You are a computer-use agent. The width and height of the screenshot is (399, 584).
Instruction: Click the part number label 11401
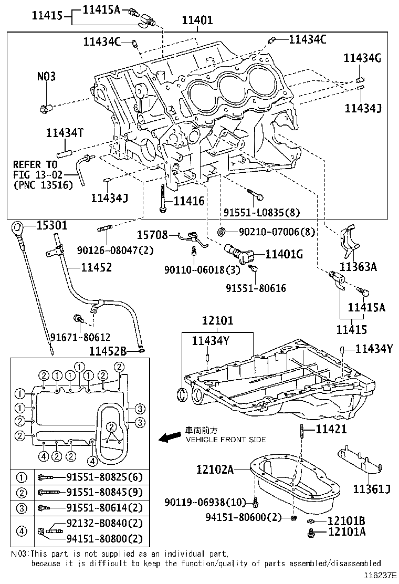pos(197,20)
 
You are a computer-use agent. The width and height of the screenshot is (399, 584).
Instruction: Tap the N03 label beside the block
pos(46,77)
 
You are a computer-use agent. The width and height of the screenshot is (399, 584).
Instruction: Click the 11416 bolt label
pos(189,201)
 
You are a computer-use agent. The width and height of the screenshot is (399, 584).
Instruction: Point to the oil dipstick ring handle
pos(17,228)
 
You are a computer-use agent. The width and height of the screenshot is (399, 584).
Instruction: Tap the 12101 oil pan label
pos(217,321)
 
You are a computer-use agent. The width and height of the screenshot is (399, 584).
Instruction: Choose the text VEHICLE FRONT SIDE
pos(226,440)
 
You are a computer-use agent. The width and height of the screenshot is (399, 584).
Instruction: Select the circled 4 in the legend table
pos(21,530)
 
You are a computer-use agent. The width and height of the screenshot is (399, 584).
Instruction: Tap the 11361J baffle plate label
pos(372,490)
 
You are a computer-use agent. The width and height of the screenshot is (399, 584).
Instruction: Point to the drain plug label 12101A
pos(346,532)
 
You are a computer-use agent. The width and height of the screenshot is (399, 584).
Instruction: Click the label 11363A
pos(358,266)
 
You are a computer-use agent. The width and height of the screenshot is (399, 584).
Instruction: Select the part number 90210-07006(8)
pos(270,232)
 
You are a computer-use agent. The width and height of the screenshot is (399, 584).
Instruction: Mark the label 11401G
pos(284,254)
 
